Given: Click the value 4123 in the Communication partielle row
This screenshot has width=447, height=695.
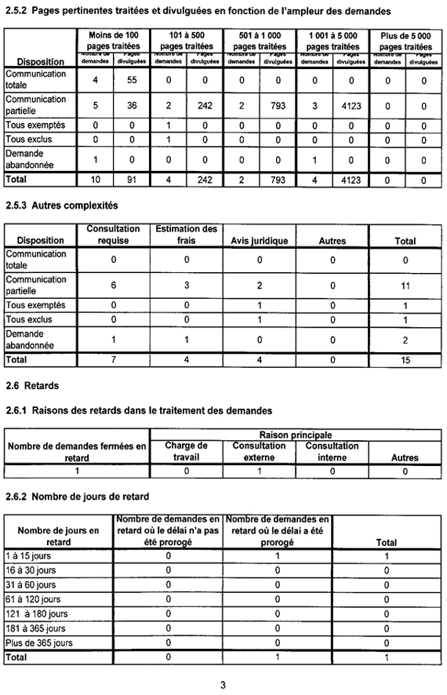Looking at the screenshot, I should point(351,105).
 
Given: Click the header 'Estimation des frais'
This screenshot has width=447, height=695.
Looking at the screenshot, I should point(186,235).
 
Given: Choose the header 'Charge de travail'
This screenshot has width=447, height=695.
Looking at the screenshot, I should point(186,451).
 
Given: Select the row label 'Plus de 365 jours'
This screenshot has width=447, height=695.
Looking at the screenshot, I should point(39,642).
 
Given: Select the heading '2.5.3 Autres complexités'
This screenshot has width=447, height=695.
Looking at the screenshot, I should point(61,206).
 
